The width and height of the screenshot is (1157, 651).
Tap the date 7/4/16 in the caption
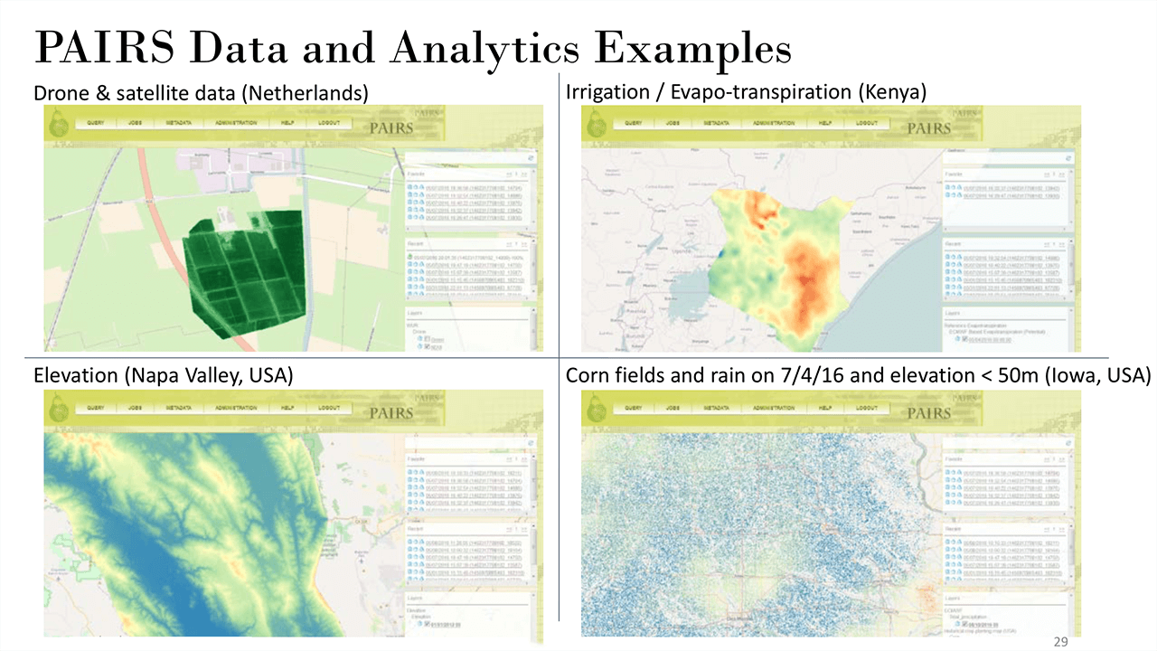[x=810, y=374]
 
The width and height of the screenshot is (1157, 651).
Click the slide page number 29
[x=1062, y=641]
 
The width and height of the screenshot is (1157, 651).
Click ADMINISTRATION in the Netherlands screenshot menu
[x=230, y=123]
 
